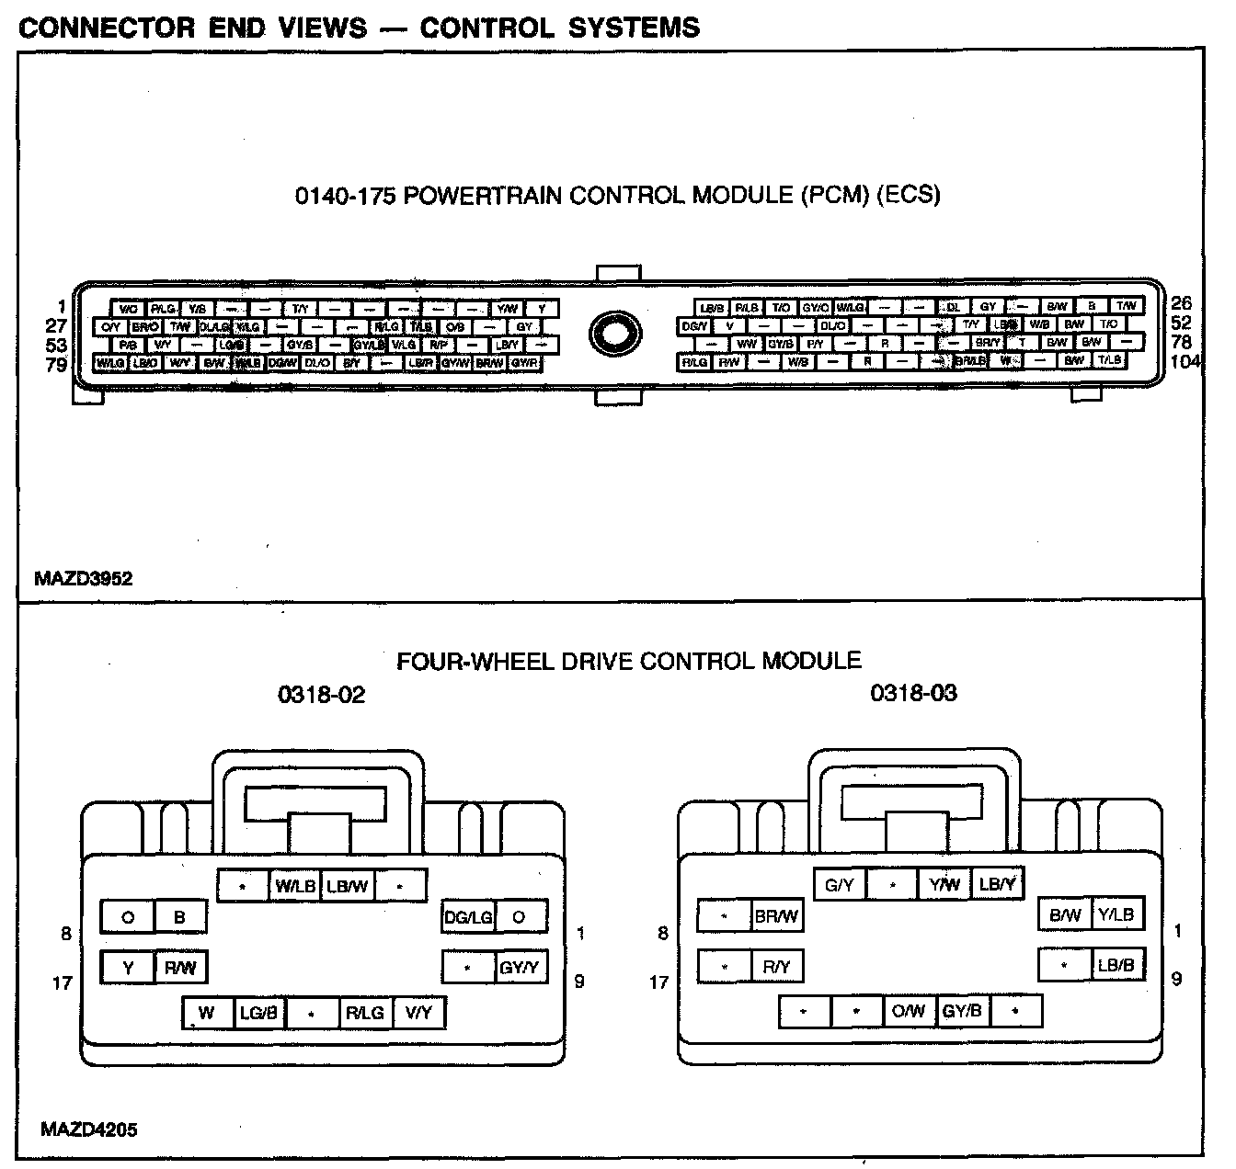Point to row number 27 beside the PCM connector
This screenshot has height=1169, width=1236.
pyautogui.click(x=56, y=325)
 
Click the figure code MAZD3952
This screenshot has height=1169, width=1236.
pyautogui.click(x=83, y=579)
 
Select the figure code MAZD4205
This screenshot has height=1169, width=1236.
pyautogui.click(x=88, y=1129)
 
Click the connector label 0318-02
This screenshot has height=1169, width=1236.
pyautogui.click(x=321, y=695)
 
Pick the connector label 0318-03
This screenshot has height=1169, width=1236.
pyautogui.click(x=913, y=693)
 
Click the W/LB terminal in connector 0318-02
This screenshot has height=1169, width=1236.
pyautogui.click(x=295, y=886)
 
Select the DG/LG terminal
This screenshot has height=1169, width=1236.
pyautogui.click(x=468, y=916)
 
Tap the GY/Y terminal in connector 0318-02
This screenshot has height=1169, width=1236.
pyautogui.click(x=520, y=967)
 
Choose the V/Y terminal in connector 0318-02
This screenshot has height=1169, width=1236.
pyautogui.click(x=418, y=1013)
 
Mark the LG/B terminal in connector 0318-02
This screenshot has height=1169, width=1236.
pyautogui.click(x=258, y=1013)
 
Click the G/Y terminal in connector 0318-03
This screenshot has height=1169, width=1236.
pyautogui.click(x=840, y=885)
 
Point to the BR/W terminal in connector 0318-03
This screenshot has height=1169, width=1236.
pyautogui.click(x=776, y=916)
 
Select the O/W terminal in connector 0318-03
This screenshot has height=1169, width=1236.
pyautogui.click(x=909, y=1012)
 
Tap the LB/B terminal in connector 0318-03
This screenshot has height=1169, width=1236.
pyautogui.click(x=1116, y=965)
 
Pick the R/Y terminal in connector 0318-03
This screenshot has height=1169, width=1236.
pyautogui.click(x=776, y=966)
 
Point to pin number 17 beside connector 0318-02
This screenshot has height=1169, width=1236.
pyautogui.click(x=62, y=983)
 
